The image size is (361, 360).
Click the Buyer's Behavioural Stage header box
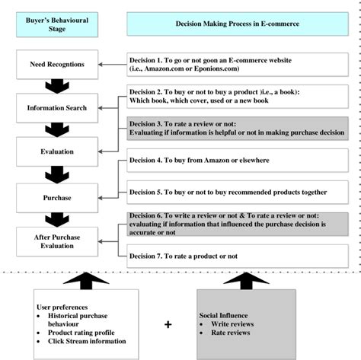[x=46, y=23]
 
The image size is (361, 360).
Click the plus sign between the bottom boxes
[x=168, y=325]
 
